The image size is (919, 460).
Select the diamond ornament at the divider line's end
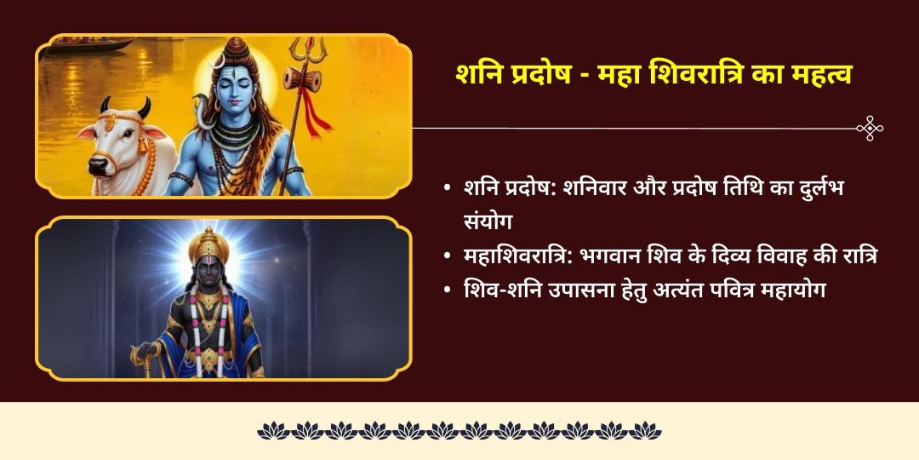click(x=870, y=129)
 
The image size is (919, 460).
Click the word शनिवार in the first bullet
click(x=604, y=187)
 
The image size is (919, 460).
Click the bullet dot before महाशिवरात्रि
click(x=447, y=256)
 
